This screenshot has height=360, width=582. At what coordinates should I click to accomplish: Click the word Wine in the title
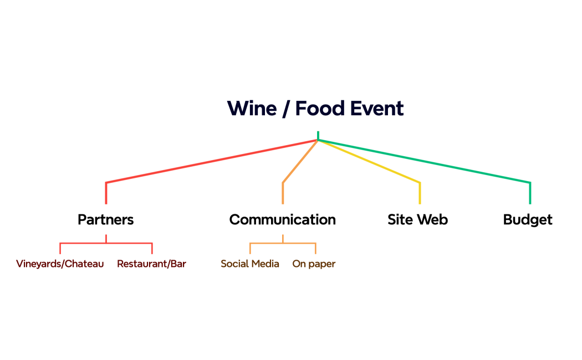click(252, 109)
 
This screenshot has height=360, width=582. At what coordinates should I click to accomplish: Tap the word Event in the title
click(377, 109)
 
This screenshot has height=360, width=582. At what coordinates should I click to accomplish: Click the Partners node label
click(105, 220)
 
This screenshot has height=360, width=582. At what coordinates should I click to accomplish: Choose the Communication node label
click(282, 220)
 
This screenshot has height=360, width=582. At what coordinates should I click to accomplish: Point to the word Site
click(400, 220)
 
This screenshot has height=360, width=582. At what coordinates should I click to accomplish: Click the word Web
click(432, 220)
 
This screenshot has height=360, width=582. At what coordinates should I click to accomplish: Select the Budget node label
click(528, 220)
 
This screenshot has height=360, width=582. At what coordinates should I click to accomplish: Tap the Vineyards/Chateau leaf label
click(60, 264)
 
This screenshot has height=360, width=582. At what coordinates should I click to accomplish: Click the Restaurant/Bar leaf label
click(151, 264)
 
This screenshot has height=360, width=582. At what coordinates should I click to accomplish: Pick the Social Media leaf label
click(250, 264)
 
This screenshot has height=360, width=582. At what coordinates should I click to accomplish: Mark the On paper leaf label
click(314, 264)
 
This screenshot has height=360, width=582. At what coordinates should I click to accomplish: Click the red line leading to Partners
click(211, 162)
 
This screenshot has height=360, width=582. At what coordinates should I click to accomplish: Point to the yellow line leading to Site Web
click(371, 162)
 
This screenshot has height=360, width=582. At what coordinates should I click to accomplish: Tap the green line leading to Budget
click(427, 162)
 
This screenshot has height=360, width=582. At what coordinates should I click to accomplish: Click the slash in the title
click(285, 109)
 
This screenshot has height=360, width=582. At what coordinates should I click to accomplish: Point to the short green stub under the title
click(318, 135)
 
